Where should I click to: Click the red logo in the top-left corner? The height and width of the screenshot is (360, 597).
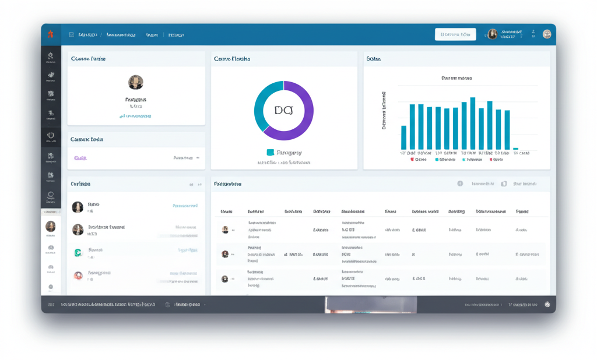[x=51, y=34]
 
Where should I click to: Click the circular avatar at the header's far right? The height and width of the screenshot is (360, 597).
[x=547, y=34]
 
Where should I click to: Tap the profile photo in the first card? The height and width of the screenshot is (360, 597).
[x=136, y=82]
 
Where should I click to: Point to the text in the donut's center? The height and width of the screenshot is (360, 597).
[x=283, y=110]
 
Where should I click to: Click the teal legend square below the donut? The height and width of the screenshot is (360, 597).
[x=270, y=153]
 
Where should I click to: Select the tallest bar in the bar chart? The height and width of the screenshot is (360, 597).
[x=473, y=123]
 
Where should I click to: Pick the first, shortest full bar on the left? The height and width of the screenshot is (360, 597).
[x=403, y=137]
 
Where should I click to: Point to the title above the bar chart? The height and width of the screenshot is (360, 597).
[x=456, y=77]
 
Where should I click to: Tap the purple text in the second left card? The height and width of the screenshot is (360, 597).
[x=80, y=158]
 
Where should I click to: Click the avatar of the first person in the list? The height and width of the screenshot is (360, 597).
[x=78, y=207]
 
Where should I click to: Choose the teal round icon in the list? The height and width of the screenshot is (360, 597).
[x=78, y=253]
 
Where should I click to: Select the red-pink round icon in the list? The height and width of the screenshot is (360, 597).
[x=78, y=275]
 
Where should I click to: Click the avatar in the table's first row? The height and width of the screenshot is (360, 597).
[x=225, y=230]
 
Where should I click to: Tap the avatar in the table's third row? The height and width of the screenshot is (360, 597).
[x=224, y=279]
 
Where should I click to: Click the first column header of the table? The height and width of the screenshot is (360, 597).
[x=227, y=212]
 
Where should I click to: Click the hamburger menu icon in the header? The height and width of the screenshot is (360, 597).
[x=71, y=35]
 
